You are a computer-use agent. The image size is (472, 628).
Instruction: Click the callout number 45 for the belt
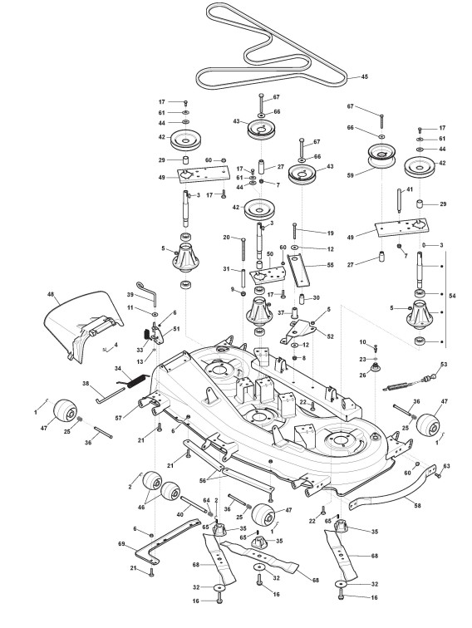click(364, 76)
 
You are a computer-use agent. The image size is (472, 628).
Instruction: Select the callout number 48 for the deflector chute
click(51, 294)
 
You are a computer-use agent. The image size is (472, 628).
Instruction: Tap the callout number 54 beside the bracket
click(452, 296)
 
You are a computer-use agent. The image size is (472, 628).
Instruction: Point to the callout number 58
click(417, 506)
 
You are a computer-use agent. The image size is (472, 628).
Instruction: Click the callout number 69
click(122, 544)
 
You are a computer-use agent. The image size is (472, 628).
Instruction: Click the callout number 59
click(351, 175)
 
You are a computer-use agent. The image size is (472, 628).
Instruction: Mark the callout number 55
click(330, 265)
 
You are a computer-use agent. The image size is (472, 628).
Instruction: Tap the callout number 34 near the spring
click(118, 368)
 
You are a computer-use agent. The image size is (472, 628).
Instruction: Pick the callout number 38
click(86, 383)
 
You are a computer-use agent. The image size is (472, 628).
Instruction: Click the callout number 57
click(119, 418)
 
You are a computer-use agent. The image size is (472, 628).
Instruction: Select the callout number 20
click(226, 238)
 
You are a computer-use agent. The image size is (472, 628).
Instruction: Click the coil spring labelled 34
click(135, 380)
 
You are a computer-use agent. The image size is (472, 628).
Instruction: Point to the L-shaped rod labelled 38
click(111, 395)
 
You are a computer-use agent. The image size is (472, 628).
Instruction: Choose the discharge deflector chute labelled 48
click(83, 326)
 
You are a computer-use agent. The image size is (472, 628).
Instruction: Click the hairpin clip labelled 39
click(149, 292)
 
